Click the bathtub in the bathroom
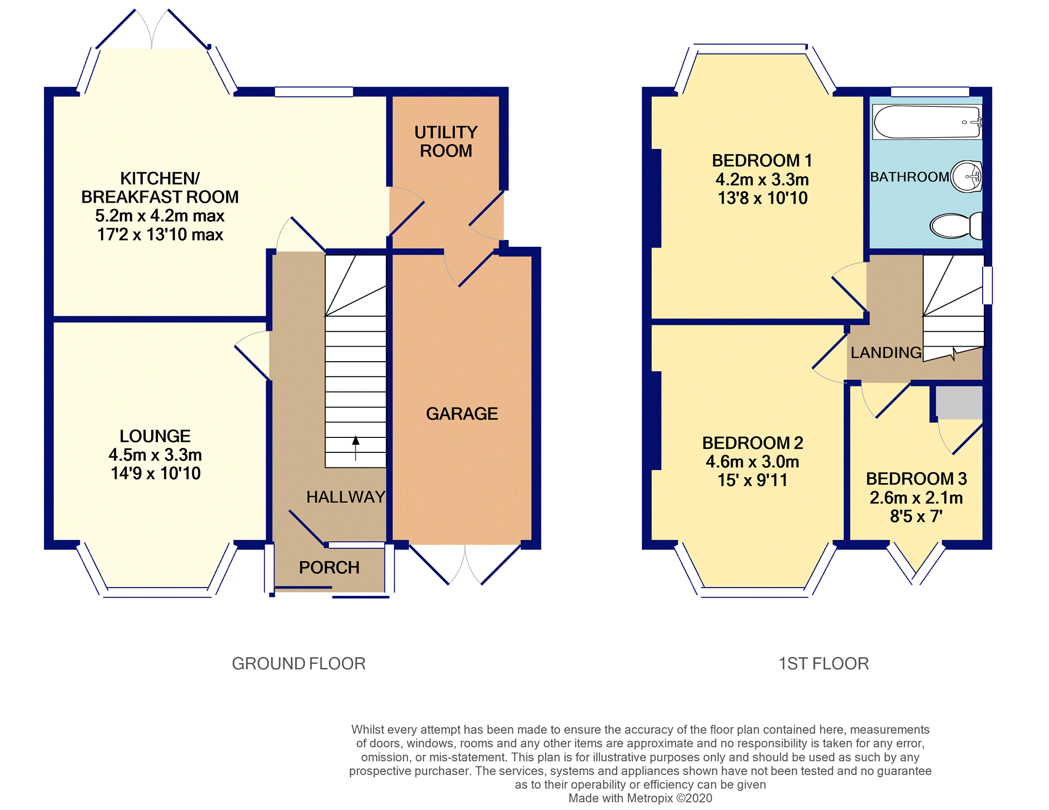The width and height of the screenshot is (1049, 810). click(x=927, y=122)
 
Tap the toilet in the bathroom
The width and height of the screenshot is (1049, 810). click(x=956, y=225)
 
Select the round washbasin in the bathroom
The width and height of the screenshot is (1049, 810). click(x=967, y=177)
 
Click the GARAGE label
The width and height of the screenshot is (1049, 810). click(x=462, y=414)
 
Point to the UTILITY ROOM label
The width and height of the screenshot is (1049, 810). click(x=446, y=141)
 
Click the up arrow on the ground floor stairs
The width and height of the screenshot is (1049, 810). click(x=355, y=448)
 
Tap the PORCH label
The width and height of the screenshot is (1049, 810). click(x=329, y=567)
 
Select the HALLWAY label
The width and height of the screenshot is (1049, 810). click(x=346, y=497)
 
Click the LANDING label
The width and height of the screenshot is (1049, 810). click(x=886, y=352)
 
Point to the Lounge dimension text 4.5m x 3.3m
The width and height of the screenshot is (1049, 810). click(x=155, y=454)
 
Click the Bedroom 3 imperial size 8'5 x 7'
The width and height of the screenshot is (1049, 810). click(x=916, y=516)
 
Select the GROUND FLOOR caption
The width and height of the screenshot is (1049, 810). click(x=298, y=663)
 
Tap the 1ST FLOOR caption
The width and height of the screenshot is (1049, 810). click(x=824, y=663)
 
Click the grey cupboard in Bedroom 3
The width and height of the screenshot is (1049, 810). click(x=959, y=403)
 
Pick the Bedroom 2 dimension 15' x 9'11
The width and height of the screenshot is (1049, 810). click(x=752, y=480)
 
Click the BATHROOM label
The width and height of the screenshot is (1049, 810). click(x=909, y=177)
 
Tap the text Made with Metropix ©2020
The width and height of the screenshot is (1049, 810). click(x=640, y=798)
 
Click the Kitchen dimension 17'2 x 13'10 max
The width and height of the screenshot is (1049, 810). click(x=160, y=234)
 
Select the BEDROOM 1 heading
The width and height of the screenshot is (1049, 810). click(x=762, y=161)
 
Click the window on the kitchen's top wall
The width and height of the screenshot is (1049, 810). click(x=314, y=92)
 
